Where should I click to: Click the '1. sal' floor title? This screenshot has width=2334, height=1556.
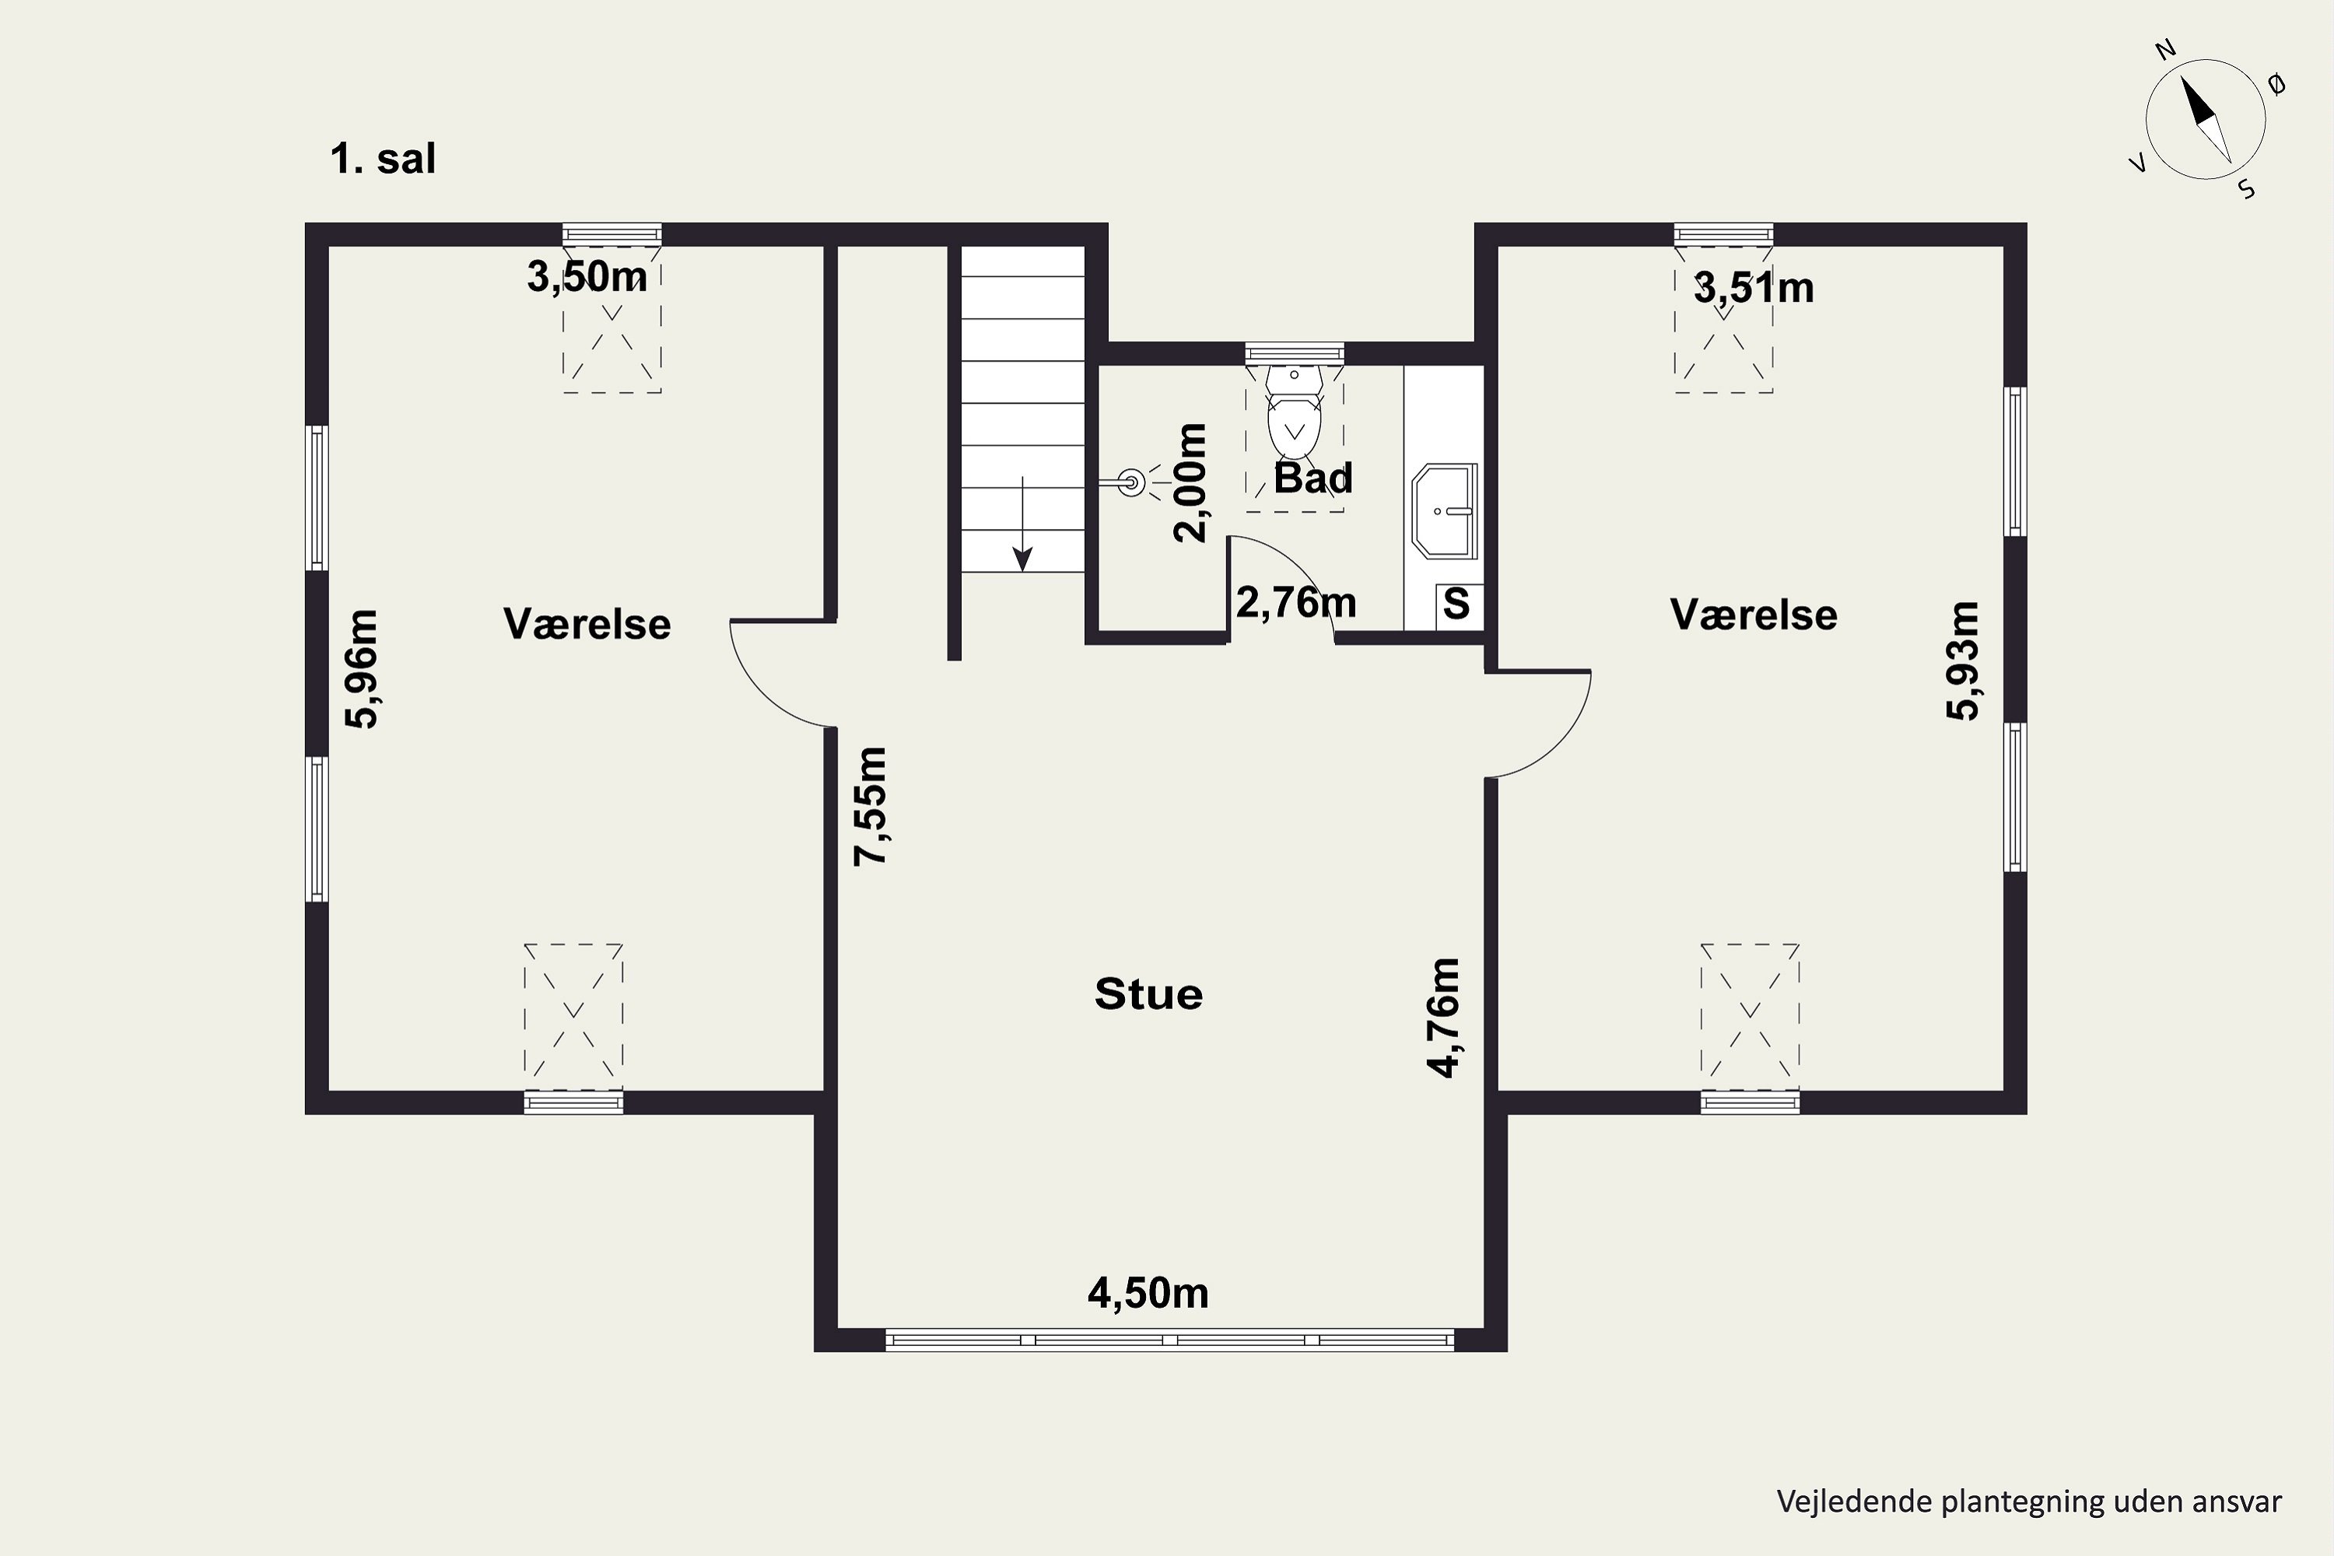coord(383,159)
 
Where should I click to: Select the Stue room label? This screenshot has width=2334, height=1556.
coord(1148,994)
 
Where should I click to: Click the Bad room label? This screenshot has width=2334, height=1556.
coord(1313,478)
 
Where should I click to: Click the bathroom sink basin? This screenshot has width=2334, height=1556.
coord(1445,510)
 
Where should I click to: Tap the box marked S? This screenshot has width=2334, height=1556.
coord(1456,604)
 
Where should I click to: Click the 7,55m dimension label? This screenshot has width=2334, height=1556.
coord(871,806)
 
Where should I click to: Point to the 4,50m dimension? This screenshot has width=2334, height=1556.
coord(1148,1293)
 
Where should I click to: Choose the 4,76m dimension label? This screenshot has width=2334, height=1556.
coord(1444,1017)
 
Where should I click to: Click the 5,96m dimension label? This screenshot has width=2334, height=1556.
coord(363,669)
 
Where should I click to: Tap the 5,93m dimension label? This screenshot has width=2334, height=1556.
coord(1963,661)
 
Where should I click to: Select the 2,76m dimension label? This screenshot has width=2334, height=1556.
coord(1296,602)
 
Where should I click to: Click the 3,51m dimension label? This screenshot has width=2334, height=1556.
coord(1754,289)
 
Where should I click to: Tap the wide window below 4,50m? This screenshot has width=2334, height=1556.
coord(1170,1340)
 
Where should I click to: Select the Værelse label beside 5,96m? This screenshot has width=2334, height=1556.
coord(587,624)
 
